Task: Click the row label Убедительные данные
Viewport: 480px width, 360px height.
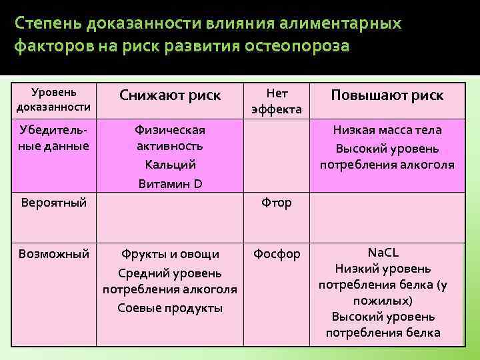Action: [x=54, y=138]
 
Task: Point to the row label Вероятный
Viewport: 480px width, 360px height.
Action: [x=53, y=202]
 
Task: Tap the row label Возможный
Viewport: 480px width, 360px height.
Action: [x=54, y=254]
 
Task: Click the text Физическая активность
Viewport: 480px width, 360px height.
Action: [x=169, y=138]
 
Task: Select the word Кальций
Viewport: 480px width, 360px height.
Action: [x=169, y=164]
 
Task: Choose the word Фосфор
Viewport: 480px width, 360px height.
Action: [x=277, y=254]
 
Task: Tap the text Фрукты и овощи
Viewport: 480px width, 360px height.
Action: [x=169, y=254]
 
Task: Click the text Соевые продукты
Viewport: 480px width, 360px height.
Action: [x=169, y=307]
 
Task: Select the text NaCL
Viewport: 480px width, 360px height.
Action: [x=383, y=253]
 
